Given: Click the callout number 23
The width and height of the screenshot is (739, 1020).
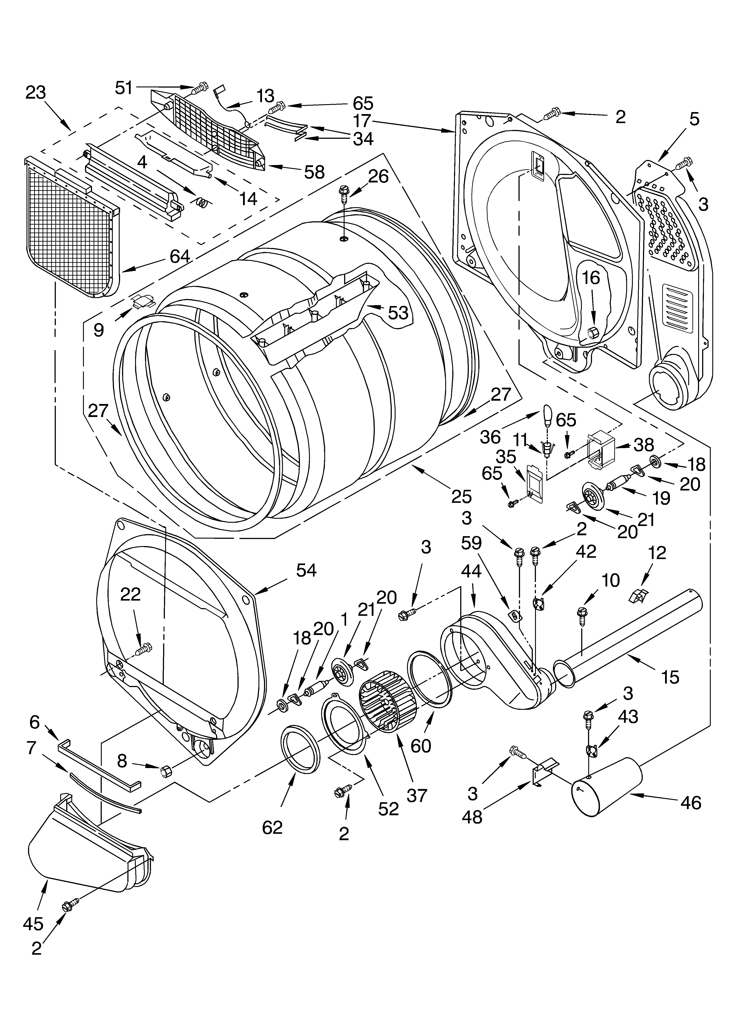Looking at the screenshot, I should [36, 93].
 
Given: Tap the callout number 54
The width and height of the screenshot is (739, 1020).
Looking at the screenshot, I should [306, 570].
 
